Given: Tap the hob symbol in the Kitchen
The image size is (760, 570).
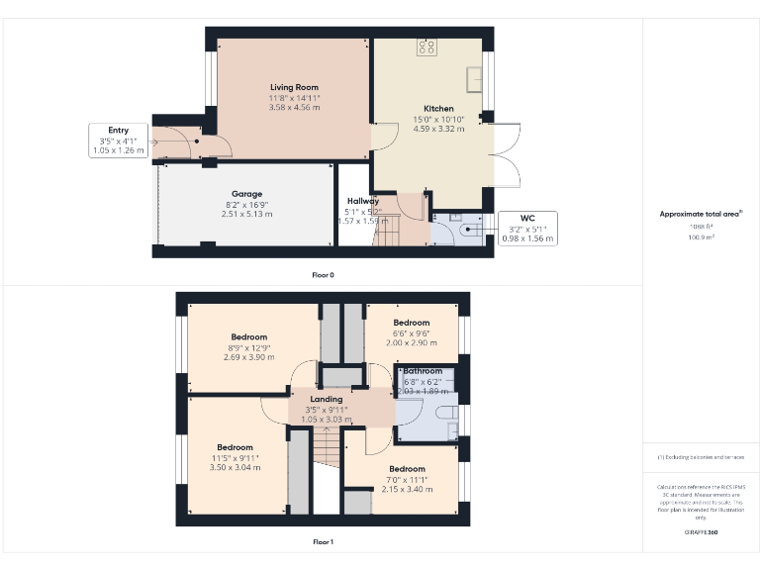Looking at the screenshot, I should [427, 46].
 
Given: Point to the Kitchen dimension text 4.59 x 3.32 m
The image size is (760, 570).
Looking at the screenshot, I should [438, 129].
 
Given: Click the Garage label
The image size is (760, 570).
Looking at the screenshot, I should [246, 194].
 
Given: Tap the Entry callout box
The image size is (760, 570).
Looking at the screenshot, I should [119, 141].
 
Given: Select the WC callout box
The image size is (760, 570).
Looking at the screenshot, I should [528, 228].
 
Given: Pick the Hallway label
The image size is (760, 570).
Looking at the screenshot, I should [362, 201].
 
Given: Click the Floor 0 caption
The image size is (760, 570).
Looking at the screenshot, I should [323, 275].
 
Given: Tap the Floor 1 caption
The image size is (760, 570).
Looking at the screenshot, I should [323, 542].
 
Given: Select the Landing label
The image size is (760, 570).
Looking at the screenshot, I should [326, 399].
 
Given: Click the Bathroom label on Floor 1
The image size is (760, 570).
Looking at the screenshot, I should [423, 371].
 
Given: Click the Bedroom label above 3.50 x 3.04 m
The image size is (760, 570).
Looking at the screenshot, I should [236, 447].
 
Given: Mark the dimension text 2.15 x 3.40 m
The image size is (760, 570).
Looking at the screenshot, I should [407, 489].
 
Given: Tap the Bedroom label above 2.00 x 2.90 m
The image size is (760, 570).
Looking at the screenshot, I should [412, 323].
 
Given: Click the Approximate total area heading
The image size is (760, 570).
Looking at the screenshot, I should [701, 214].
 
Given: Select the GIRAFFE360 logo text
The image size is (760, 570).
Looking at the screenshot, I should [701, 532].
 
